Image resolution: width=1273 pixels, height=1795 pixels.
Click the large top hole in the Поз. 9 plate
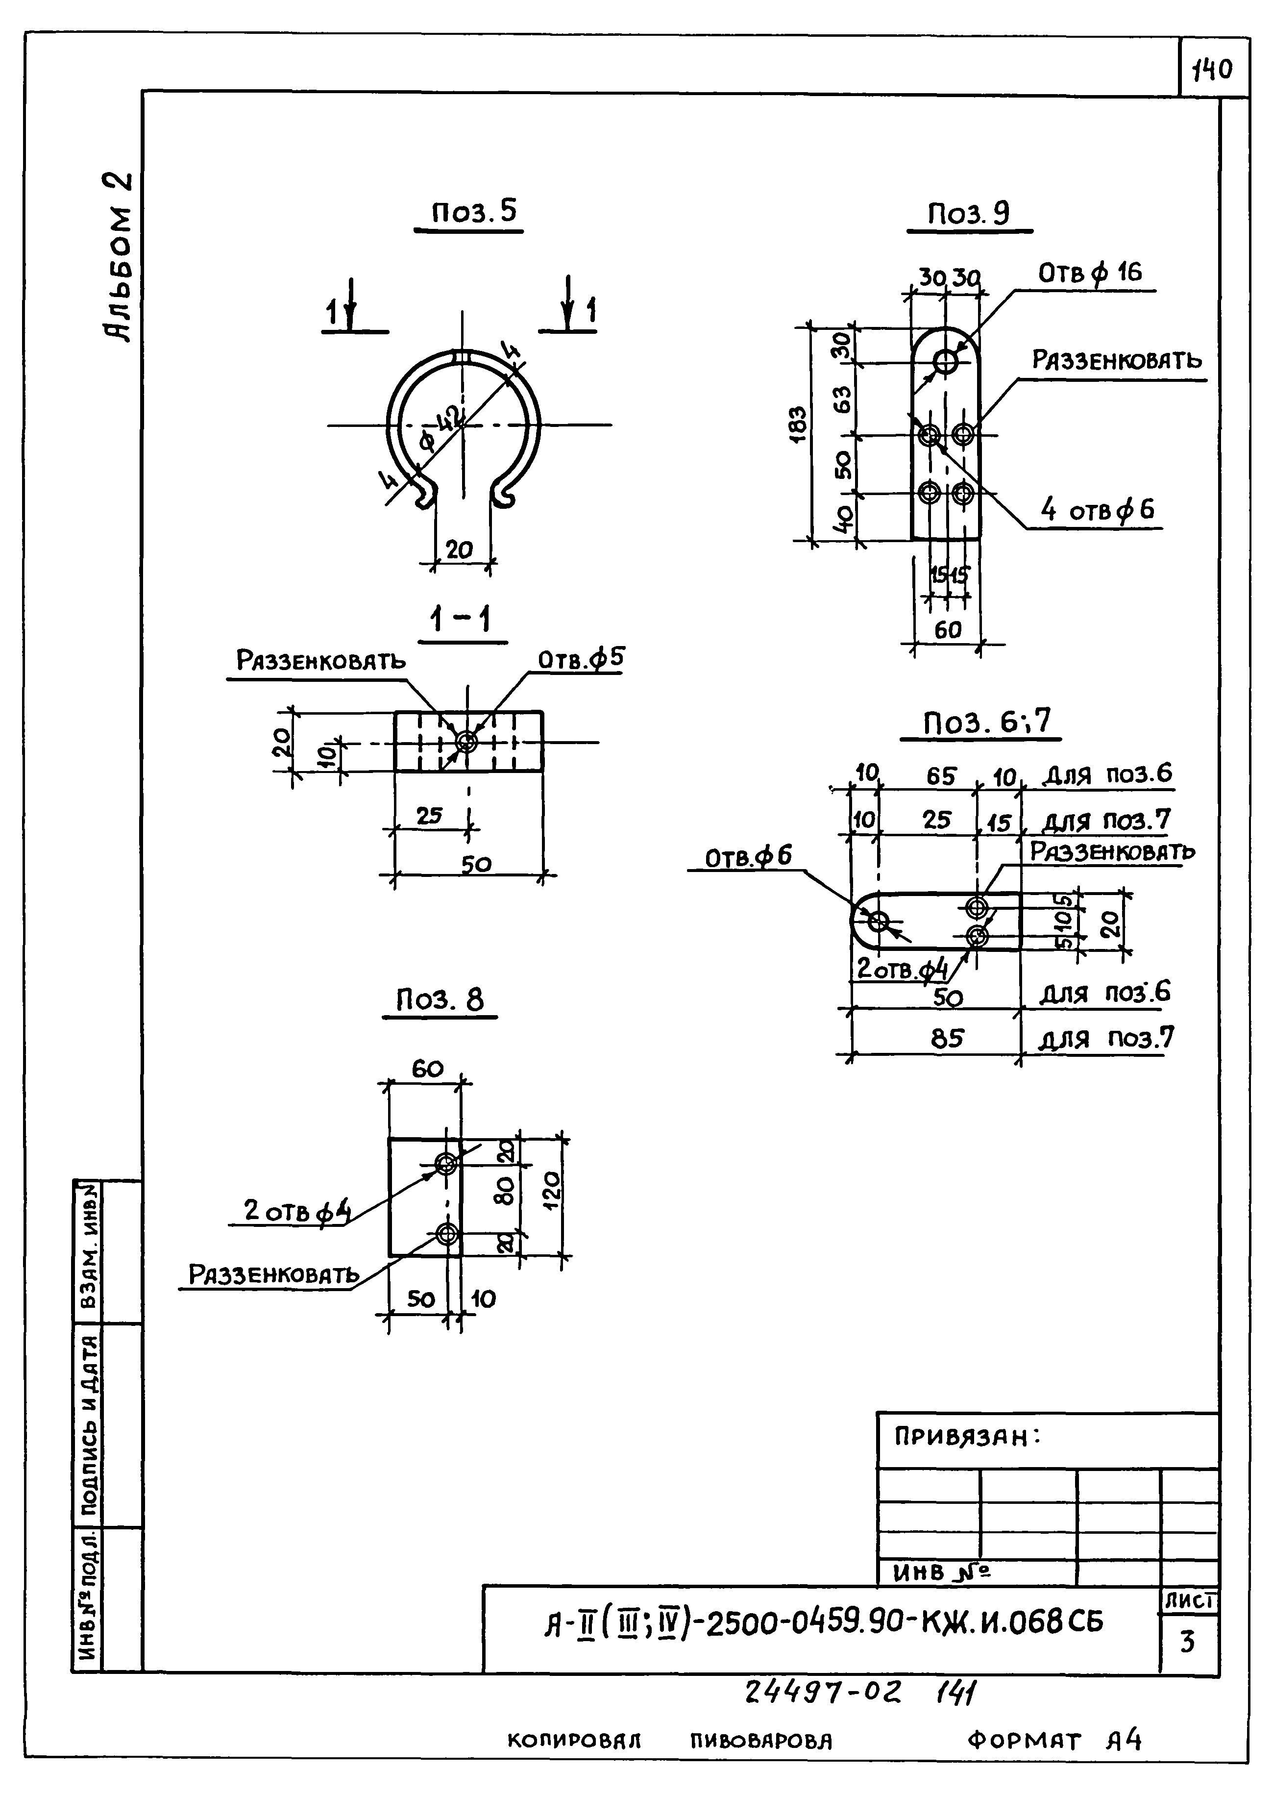point(945,362)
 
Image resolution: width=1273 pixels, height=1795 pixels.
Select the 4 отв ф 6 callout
point(1098,510)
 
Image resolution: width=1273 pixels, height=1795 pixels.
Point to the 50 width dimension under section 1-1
point(476,864)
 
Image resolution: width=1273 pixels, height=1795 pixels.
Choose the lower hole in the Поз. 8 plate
point(447,1234)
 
